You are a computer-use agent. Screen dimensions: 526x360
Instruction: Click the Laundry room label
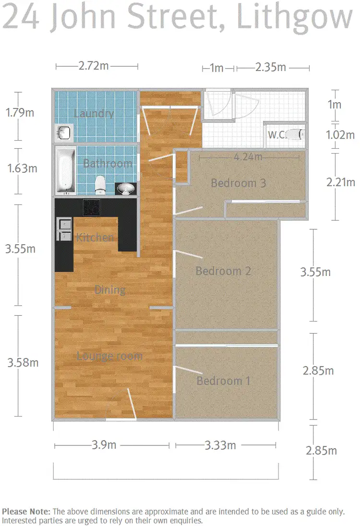click(x=94, y=113)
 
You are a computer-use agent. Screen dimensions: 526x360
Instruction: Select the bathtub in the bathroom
click(x=64, y=170)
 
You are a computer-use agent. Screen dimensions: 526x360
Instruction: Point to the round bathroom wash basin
click(x=125, y=189)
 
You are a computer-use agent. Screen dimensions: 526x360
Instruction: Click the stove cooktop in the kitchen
click(x=92, y=207)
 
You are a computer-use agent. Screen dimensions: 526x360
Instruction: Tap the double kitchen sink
click(x=64, y=229)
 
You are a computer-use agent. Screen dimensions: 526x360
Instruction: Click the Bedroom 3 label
click(x=238, y=183)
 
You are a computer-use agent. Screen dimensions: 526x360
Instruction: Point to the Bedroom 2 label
click(x=223, y=271)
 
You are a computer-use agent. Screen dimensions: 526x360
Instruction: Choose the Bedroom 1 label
click(x=223, y=381)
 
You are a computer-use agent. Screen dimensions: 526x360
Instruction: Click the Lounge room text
click(x=109, y=356)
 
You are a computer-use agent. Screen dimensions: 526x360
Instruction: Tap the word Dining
click(x=110, y=289)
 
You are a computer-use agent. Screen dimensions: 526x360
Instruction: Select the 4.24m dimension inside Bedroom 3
click(x=248, y=156)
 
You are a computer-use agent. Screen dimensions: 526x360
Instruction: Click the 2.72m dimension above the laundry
click(x=94, y=66)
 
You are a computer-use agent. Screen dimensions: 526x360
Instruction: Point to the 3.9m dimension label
click(x=104, y=445)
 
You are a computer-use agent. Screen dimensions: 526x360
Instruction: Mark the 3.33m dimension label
click(x=220, y=445)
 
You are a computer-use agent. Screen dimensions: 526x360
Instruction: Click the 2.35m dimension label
click(x=271, y=67)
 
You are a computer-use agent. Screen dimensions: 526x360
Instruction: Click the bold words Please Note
click(x=25, y=512)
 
